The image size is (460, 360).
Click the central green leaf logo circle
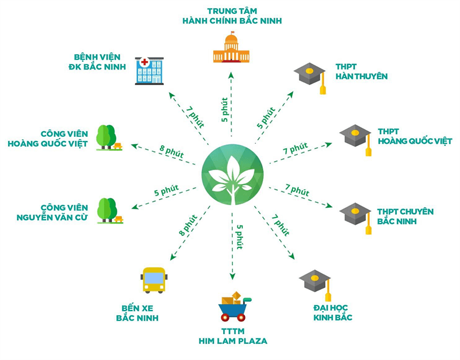pos(233,175)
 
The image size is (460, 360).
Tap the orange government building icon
pos(231,47)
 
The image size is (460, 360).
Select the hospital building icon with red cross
pos(149,71)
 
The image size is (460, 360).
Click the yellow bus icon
pos(154,280)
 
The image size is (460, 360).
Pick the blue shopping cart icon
pos(235,307)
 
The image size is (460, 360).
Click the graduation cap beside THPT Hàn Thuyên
pos(310,78)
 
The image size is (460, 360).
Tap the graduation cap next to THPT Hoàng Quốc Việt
pos(356,140)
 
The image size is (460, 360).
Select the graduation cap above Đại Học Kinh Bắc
pos(315,285)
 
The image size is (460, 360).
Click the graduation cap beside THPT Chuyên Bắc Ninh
pos(356,218)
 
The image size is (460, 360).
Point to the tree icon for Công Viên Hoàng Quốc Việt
pos(109,138)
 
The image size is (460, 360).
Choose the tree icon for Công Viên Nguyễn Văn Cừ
pos(110,210)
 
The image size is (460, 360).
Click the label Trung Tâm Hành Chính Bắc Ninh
pos(232,16)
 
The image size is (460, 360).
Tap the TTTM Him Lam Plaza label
pos(233,336)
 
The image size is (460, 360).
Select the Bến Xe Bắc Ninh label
pos(137,313)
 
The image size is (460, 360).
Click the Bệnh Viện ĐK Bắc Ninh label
pos(97,62)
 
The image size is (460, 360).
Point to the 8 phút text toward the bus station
pos(188,225)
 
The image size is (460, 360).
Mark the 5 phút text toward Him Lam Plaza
pos(240,237)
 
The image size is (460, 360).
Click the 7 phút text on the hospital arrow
pos(195,117)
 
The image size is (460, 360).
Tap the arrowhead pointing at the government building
pos(231,75)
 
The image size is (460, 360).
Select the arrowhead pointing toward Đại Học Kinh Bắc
pos(292,256)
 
